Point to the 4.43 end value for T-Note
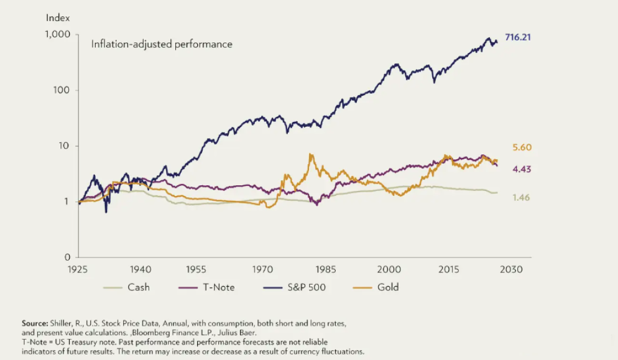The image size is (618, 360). click(x=521, y=169)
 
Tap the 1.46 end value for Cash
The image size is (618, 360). click(x=521, y=197)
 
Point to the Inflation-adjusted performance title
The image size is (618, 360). click(x=162, y=44)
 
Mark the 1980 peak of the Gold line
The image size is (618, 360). click(x=310, y=154)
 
